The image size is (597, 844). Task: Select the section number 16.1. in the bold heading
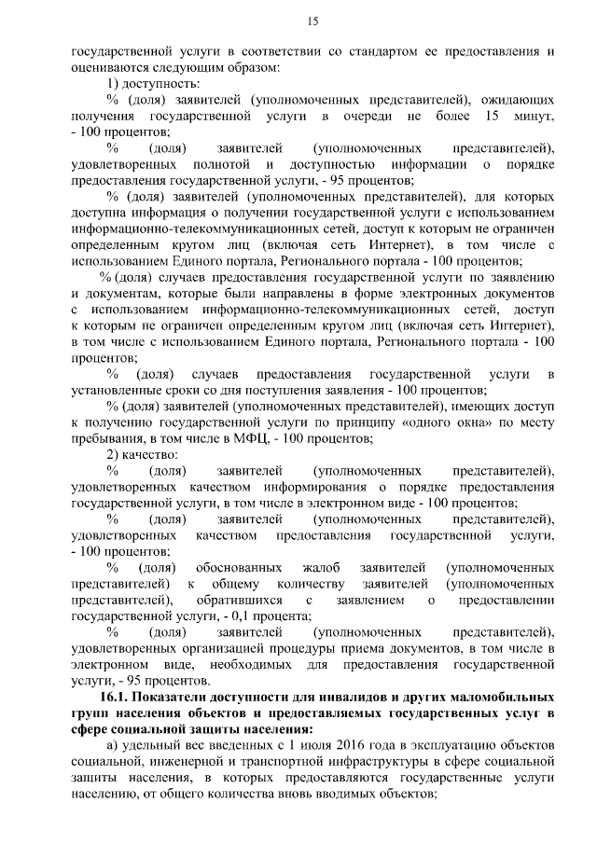pos(115,699)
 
